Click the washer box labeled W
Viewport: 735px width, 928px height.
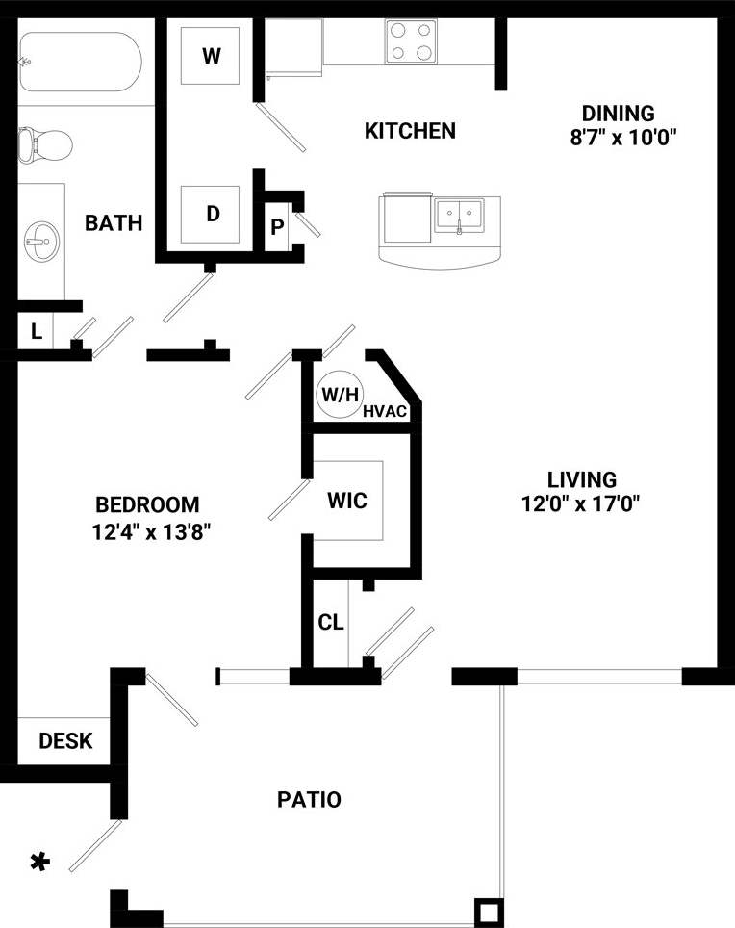pyautogui.click(x=212, y=56)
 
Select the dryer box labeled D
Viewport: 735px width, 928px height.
pyautogui.click(x=212, y=214)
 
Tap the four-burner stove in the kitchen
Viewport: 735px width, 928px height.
pyautogui.click(x=412, y=41)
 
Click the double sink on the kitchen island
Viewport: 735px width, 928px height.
pyautogui.click(x=459, y=215)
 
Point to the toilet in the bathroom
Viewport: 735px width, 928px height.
pyautogui.click(x=44, y=145)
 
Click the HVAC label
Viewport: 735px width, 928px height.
pyautogui.click(x=387, y=412)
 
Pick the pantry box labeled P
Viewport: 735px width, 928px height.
pyautogui.click(x=277, y=227)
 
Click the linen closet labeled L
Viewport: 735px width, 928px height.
pyautogui.click(x=36, y=332)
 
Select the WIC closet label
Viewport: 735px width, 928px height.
pyautogui.click(x=347, y=502)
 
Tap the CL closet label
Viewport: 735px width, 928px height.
pyautogui.click(x=330, y=623)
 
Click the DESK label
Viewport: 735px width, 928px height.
pyautogui.click(x=65, y=741)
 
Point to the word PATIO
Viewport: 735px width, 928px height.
pyautogui.click(x=309, y=799)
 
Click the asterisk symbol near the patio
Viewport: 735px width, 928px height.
pyautogui.click(x=39, y=863)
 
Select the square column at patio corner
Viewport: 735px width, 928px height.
pyautogui.click(x=489, y=911)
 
